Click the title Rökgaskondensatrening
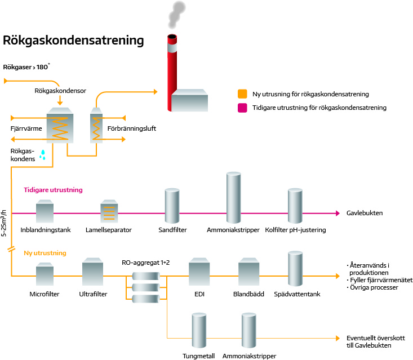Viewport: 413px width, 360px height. pos(74,41)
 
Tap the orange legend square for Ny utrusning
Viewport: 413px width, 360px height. pos(243,94)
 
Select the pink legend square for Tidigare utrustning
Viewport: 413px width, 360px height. pos(243,107)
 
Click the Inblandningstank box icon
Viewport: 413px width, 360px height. pos(45,213)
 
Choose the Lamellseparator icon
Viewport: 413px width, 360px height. pos(109,212)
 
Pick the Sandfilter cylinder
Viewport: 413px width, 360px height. pos(172,207)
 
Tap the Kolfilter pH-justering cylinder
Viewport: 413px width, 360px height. pos(295,207)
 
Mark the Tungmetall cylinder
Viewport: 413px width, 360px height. pos(199,332)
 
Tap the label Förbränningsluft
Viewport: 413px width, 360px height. pos(131,128)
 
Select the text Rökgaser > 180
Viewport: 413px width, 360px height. pos(26,68)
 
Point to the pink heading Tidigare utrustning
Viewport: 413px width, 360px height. pos(53,190)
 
